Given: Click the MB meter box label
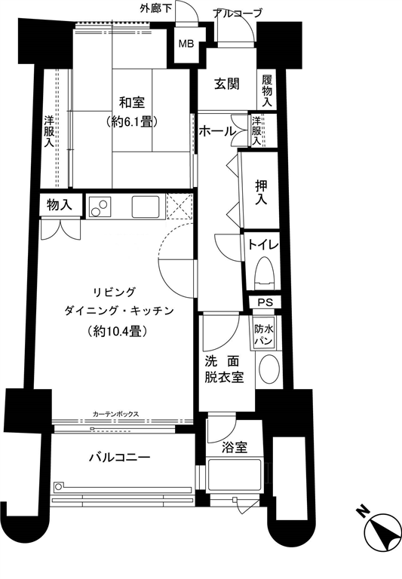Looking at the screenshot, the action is (x=186, y=44).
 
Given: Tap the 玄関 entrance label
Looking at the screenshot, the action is (x=227, y=84).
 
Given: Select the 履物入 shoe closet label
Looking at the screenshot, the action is (x=267, y=90).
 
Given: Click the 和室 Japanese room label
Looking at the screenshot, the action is (x=131, y=103).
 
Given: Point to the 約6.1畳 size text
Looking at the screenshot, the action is (x=131, y=121).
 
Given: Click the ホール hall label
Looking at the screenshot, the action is (x=218, y=130).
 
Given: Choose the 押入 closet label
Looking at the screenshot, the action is (x=261, y=192).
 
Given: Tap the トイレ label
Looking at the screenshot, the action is (x=262, y=244).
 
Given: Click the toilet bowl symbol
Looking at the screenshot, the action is (x=264, y=274).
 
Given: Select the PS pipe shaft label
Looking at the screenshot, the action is (x=265, y=302).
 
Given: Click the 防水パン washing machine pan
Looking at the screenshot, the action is (x=263, y=334).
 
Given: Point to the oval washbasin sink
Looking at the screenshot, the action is (x=269, y=370).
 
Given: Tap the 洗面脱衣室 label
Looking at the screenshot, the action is (x=224, y=369).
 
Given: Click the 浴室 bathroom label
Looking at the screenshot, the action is (x=235, y=448).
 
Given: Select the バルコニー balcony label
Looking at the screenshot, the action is (x=120, y=458).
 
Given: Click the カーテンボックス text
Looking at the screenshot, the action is (x=116, y=414).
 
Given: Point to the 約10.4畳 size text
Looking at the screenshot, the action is (x=118, y=331).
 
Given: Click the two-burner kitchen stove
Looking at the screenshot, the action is (x=100, y=207).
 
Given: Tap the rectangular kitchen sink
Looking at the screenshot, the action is (x=146, y=207).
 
